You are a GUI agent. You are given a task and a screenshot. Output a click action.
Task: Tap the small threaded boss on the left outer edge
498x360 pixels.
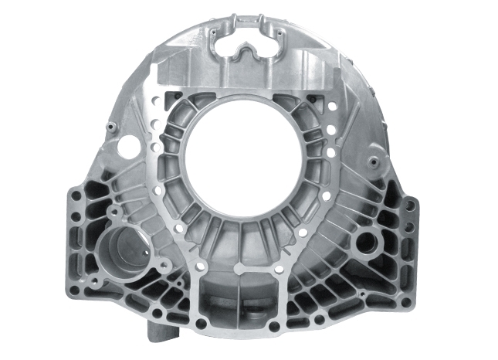tap(110, 127)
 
